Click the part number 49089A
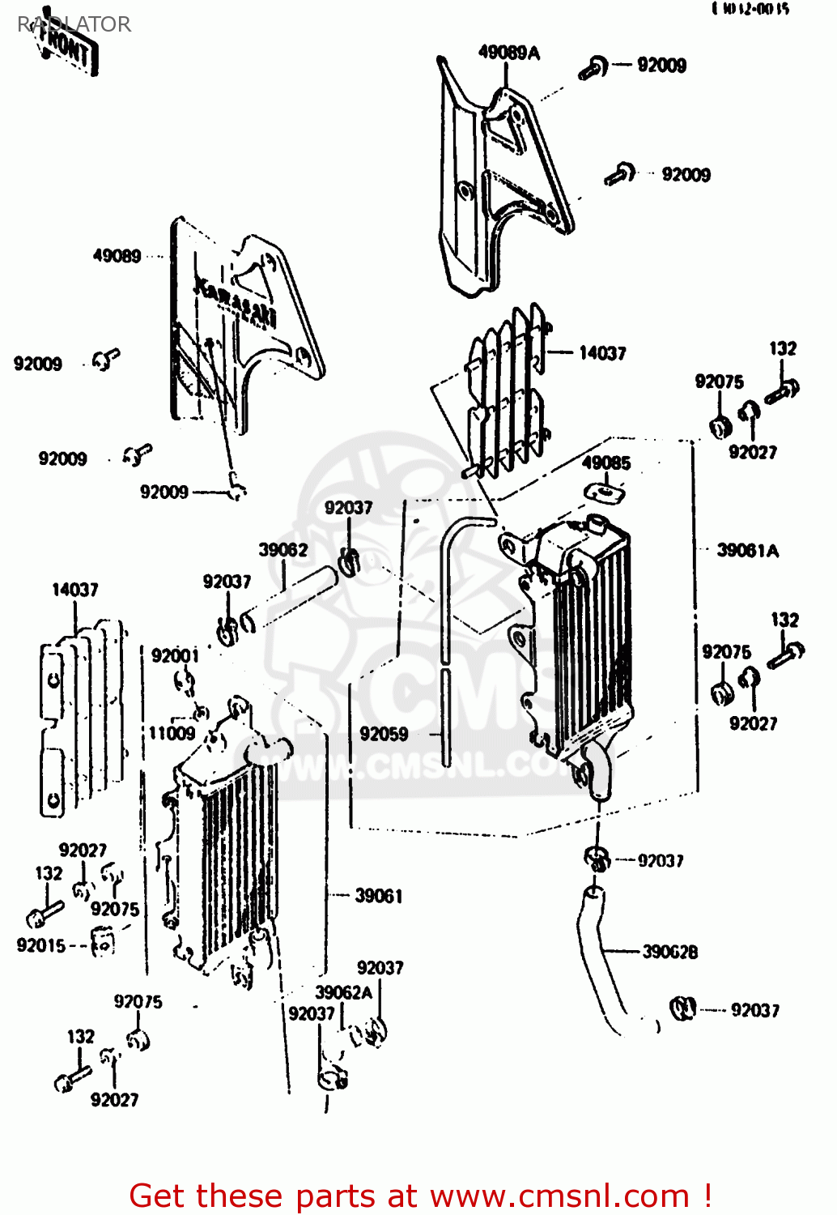(x=508, y=53)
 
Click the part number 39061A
(x=747, y=551)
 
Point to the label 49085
(x=605, y=463)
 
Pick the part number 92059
(x=384, y=734)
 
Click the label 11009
(x=172, y=734)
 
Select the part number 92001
(x=175, y=655)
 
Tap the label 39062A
(x=344, y=992)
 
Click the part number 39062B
(x=669, y=952)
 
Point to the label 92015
(x=41, y=945)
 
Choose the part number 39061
(x=378, y=896)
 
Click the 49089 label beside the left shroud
(x=117, y=256)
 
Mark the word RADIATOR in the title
(x=74, y=24)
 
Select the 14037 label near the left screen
(x=74, y=590)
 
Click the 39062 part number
(x=283, y=550)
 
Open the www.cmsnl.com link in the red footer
(x=559, y=1196)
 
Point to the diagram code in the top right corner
(x=750, y=9)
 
